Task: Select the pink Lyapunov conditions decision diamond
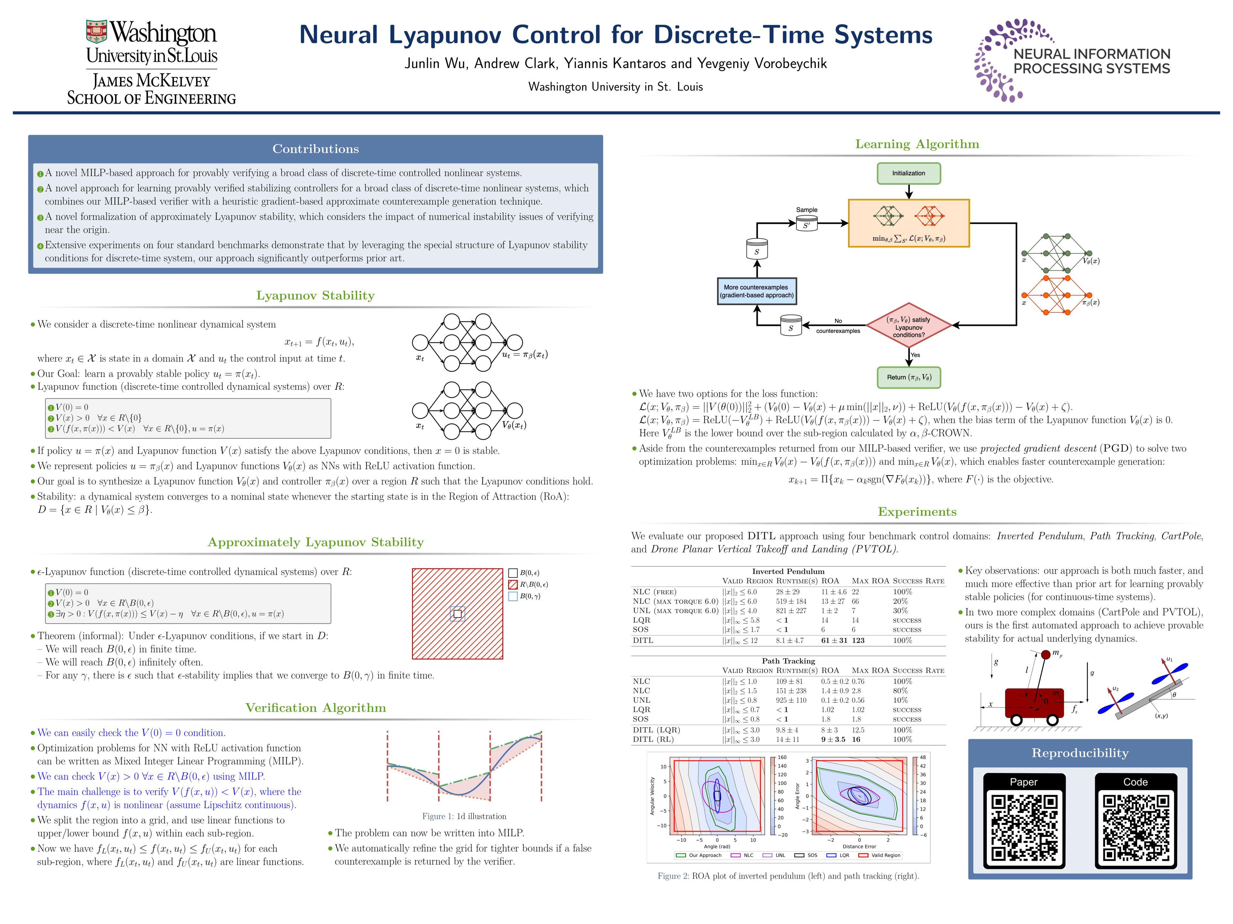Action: coord(909,326)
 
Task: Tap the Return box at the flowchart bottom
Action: coord(909,377)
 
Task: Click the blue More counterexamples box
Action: coord(756,291)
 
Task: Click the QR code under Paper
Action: coord(1024,827)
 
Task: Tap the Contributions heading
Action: coord(316,149)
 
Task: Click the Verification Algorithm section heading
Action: coord(316,707)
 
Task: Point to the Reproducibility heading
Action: coord(1080,753)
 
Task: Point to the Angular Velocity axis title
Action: coord(652,796)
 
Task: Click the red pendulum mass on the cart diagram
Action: coord(1046,654)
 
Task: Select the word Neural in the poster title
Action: coord(338,35)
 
